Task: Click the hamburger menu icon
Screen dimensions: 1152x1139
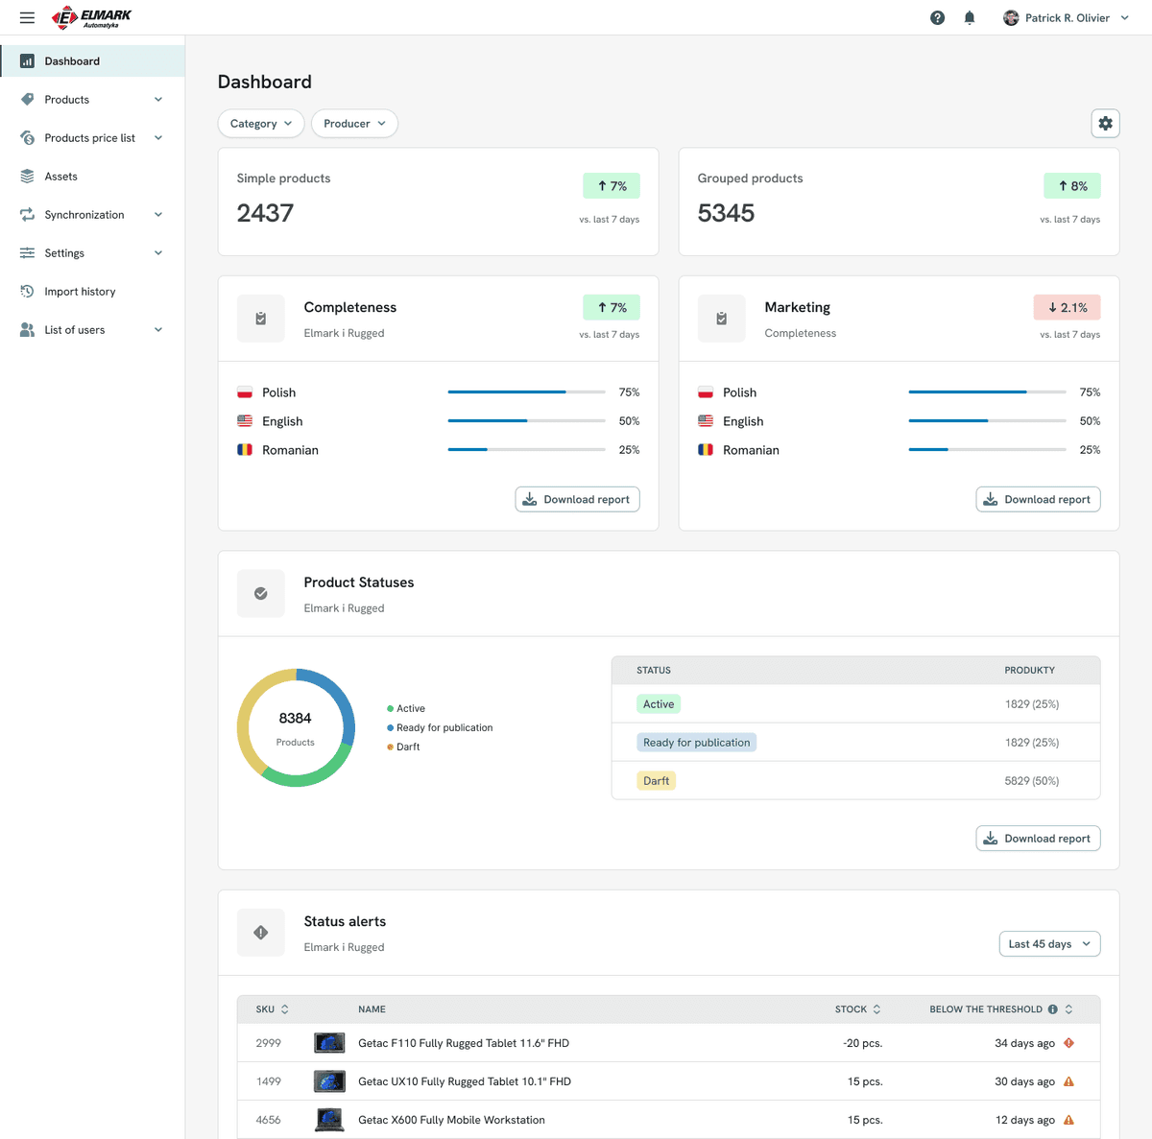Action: click(x=27, y=18)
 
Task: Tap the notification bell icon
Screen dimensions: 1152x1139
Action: click(x=969, y=18)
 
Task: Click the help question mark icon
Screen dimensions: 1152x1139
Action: click(x=937, y=18)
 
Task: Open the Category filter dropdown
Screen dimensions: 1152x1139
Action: click(x=261, y=124)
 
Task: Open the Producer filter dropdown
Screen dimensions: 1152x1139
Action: click(x=354, y=124)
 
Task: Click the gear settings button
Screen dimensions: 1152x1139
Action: click(x=1105, y=124)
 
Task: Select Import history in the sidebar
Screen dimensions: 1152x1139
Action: click(x=80, y=292)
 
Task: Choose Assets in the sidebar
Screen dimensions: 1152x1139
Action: click(x=60, y=177)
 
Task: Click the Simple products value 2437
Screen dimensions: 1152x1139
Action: click(x=265, y=213)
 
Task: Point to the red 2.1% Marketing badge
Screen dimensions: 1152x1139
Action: click(x=1067, y=308)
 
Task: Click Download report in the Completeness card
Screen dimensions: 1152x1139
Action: click(x=577, y=500)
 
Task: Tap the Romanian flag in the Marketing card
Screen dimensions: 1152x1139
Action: click(x=706, y=450)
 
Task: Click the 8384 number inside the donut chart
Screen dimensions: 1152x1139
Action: click(x=295, y=719)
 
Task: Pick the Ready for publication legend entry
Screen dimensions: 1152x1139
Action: click(x=440, y=728)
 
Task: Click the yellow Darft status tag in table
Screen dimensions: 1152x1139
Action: click(x=656, y=781)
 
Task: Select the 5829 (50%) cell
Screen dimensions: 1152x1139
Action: click(x=1031, y=781)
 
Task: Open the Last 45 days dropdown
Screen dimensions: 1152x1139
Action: click(x=1049, y=944)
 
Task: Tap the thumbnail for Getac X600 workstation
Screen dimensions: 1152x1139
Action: click(x=329, y=1120)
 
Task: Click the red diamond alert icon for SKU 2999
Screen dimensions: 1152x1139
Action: click(x=1068, y=1043)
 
